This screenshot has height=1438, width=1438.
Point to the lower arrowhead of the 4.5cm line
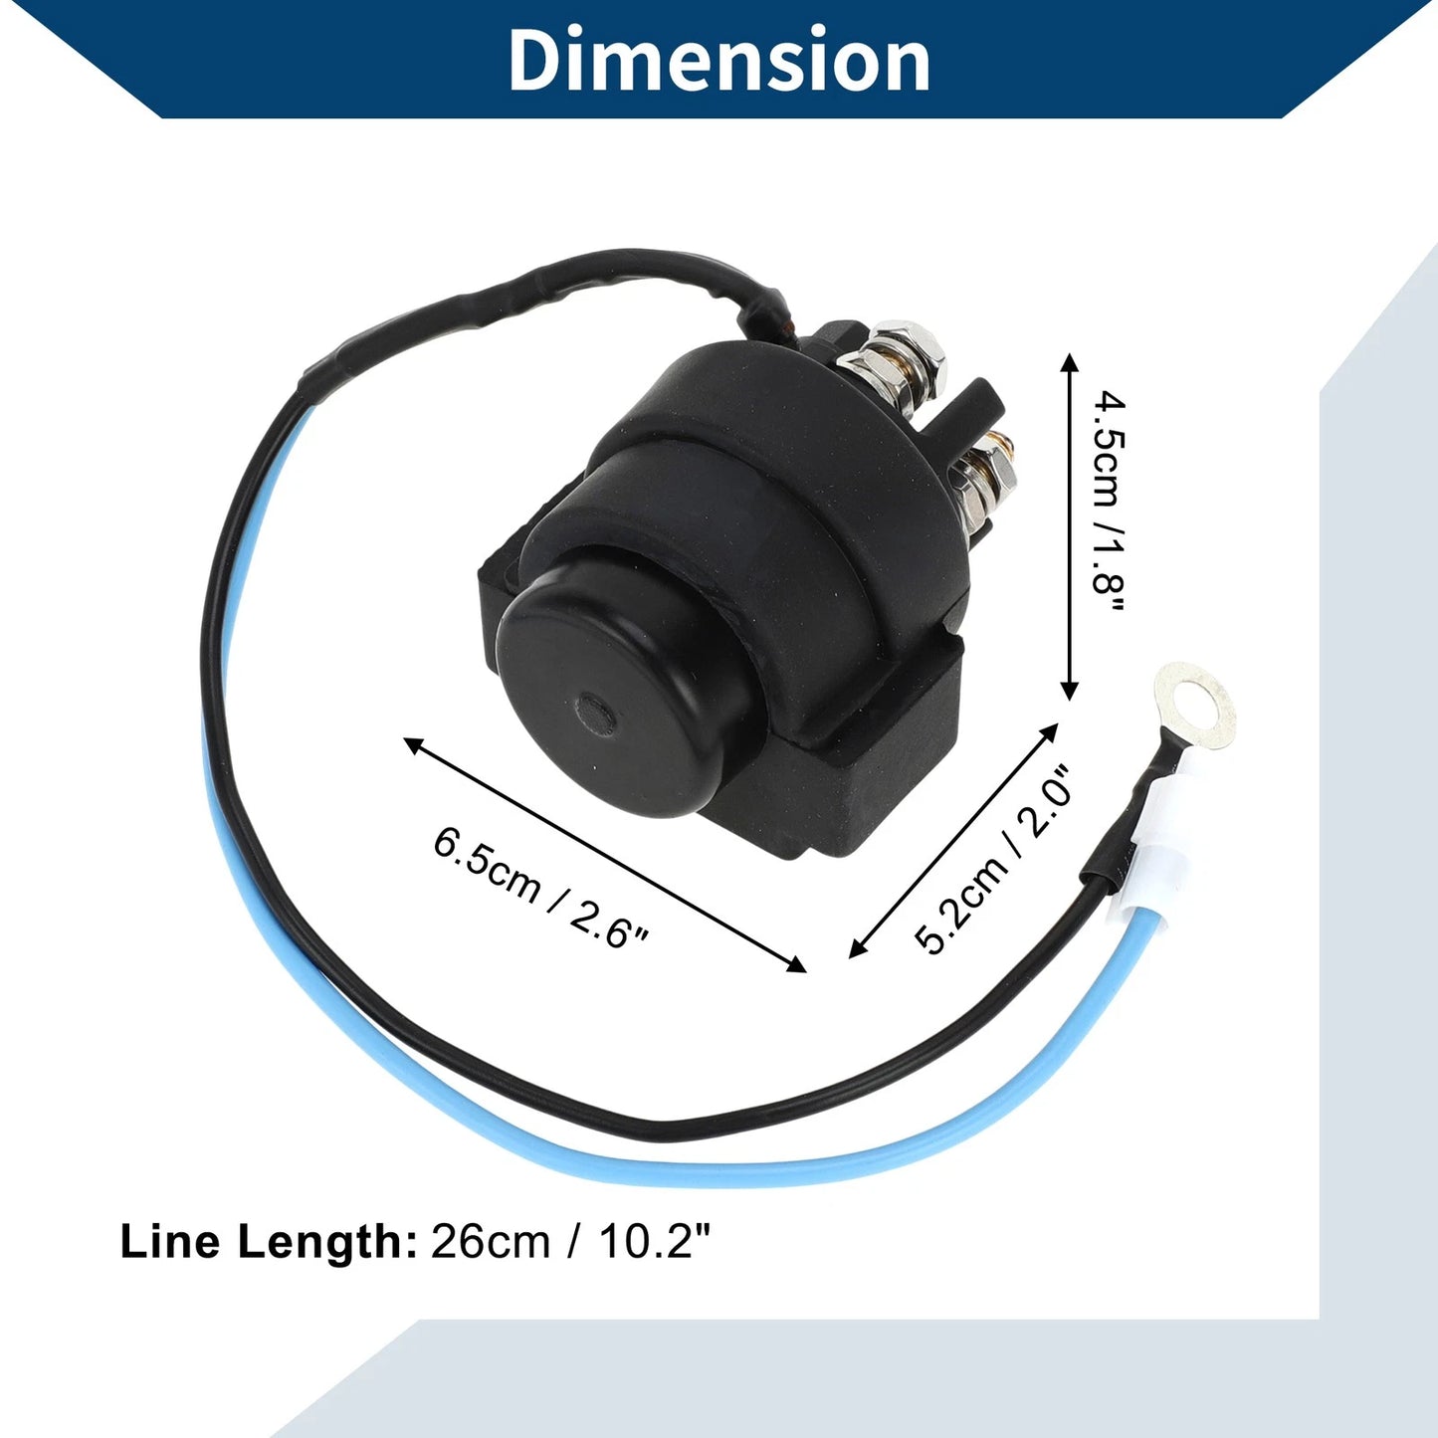pyautogui.click(x=1070, y=688)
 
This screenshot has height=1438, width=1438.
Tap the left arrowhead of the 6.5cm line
pyautogui.click(x=415, y=743)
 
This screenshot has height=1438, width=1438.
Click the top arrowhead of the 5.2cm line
pyautogui.click(x=1049, y=732)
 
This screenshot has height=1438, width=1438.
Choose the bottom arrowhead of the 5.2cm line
pyautogui.click(x=859, y=947)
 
